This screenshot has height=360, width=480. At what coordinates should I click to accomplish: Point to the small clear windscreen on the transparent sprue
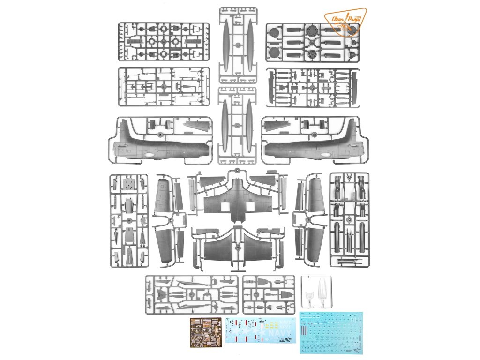click(x=309, y=296)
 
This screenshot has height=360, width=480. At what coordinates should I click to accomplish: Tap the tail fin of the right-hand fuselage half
click(x=348, y=132)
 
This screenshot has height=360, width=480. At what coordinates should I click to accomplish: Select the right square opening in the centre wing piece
click(x=253, y=208)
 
